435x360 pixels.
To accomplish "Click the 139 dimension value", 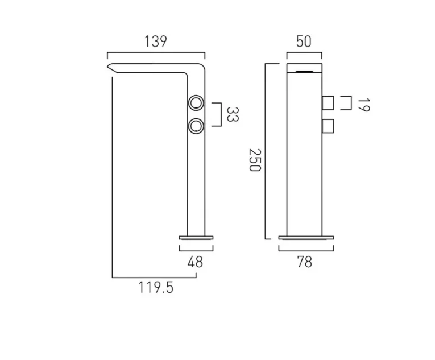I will [x=156, y=42].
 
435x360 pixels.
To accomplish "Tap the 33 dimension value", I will [x=233, y=114].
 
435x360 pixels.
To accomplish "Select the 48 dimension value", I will [x=196, y=262].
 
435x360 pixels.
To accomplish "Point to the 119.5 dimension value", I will [x=155, y=288].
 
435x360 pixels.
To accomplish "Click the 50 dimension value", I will [x=304, y=42].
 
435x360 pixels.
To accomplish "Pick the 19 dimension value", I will [x=363, y=104].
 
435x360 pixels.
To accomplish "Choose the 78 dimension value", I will [x=305, y=262].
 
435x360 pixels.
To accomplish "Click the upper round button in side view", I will [x=197, y=104].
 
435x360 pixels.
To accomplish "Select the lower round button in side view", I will [x=197, y=125].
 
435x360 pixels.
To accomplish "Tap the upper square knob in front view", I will [x=328, y=103].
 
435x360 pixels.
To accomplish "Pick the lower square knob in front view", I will [x=328, y=125].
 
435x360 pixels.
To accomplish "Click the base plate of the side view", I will [x=196, y=237].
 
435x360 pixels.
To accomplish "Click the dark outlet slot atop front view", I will [x=304, y=72].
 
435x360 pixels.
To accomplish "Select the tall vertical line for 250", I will [x=266, y=151].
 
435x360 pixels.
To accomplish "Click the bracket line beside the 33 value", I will [x=219, y=114].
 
